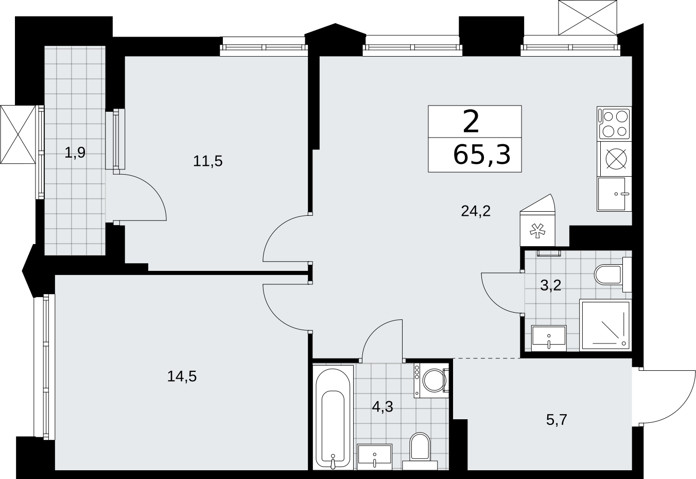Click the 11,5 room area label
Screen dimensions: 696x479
(208, 161)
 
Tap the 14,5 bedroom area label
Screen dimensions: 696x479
(182, 377)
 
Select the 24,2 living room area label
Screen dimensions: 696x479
(476, 212)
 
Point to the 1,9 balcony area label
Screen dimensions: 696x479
(75, 152)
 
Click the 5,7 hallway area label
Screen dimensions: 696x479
(557, 420)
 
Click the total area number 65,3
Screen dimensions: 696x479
(482, 155)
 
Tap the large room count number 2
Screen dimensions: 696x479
(471, 122)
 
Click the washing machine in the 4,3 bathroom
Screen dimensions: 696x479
(431, 381)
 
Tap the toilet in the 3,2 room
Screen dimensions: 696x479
(613, 275)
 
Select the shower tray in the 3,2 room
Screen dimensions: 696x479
(605, 326)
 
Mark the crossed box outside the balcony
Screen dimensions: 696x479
(18, 134)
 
